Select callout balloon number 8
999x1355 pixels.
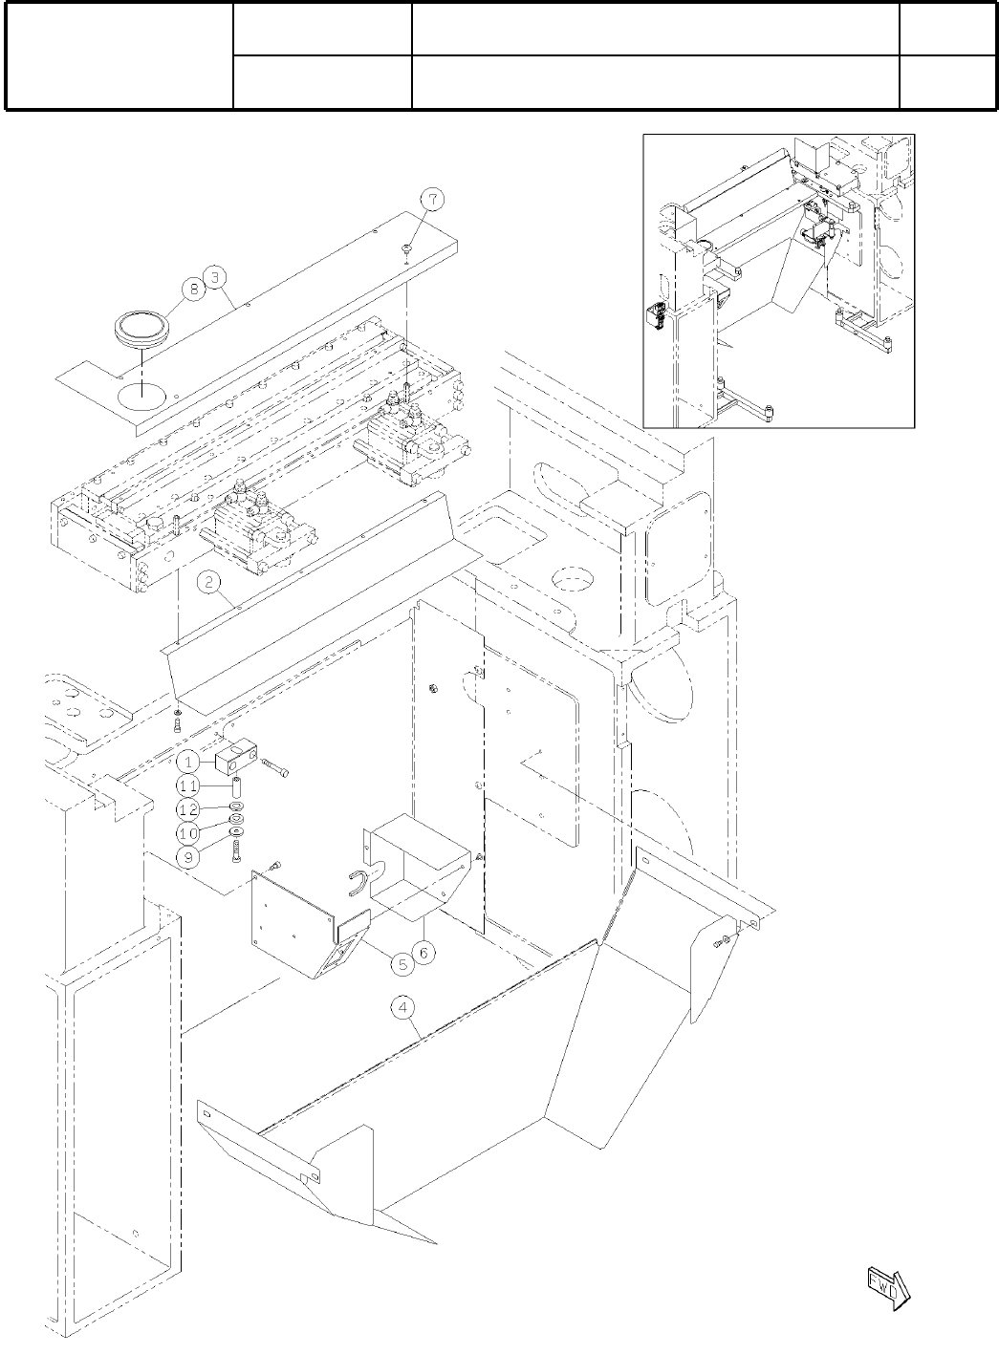[x=193, y=286]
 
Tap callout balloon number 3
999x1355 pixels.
[x=218, y=277]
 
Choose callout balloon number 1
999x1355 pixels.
[x=189, y=762]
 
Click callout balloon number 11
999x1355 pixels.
[x=189, y=785]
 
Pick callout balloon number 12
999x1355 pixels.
[x=189, y=809]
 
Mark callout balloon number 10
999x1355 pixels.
[x=189, y=833]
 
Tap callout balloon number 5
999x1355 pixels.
[x=402, y=964]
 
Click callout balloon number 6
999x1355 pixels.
[x=426, y=952]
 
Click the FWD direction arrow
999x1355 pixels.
[x=887, y=1285]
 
